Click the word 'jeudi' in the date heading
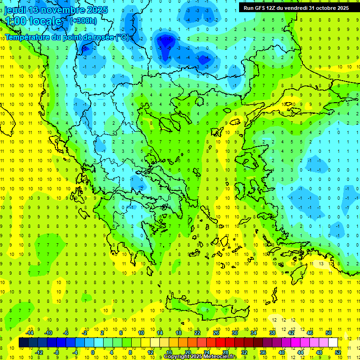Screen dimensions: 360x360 point(15,10)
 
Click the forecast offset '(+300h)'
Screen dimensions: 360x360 point(83,21)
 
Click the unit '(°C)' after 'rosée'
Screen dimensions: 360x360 point(122,37)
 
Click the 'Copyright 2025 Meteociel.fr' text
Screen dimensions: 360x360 point(200,357)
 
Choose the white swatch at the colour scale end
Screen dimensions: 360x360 point(333,343)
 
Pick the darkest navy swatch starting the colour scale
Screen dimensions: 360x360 point(24,343)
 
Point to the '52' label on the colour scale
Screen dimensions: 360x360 point(338,352)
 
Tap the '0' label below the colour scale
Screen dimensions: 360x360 point(93,352)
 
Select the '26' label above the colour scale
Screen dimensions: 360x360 point(216,333)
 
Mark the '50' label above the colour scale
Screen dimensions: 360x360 point(329,333)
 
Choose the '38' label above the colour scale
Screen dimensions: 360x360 point(272,333)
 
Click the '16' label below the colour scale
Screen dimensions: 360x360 point(169,352)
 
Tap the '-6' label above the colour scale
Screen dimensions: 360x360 point(66,333)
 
